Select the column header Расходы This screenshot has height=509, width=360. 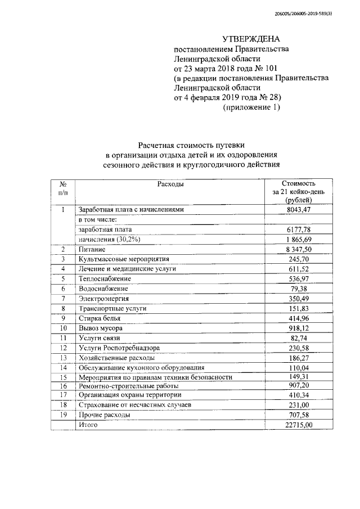[x=170, y=184]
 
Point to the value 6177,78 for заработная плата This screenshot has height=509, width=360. [x=300, y=229]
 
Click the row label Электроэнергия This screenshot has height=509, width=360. [x=104, y=298]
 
